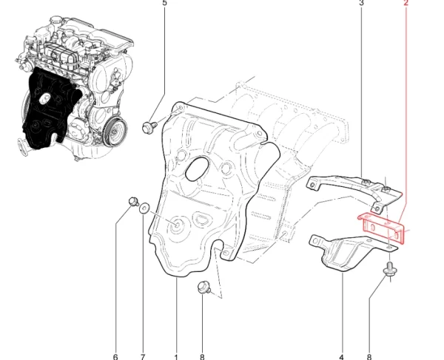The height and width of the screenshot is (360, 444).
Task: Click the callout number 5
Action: [x=164, y=3]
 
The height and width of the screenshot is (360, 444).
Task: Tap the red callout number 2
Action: [x=406, y=3]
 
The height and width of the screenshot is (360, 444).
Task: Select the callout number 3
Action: [x=361, y=3]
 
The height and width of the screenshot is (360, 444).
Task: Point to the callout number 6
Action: [x=115, y=357]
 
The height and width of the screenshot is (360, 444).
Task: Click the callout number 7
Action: [x=143, y=357]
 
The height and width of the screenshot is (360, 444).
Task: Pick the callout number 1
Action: [x=176, y=357]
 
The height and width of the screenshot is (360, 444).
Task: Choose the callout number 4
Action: [x=341, y=357]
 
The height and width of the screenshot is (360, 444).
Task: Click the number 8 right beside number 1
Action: [x=202, y=357]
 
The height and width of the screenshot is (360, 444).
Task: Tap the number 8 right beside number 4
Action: [x=369, y=357]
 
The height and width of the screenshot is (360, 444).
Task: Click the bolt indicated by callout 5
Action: [x=149, y=126]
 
